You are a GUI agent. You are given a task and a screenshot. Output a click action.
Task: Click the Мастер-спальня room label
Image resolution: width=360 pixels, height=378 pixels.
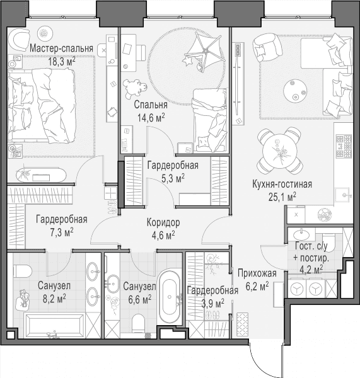(61, 49)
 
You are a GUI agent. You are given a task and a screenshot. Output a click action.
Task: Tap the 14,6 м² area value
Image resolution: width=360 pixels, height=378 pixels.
(151, 118)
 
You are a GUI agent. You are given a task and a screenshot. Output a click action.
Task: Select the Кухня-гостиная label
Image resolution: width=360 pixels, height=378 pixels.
(282, 185)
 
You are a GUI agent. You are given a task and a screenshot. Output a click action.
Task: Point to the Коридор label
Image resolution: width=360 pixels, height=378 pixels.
(163, 223)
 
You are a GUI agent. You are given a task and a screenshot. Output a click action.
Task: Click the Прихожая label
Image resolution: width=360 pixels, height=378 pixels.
(257, 273)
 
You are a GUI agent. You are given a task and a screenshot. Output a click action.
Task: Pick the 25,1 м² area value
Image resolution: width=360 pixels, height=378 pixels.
(282, 197)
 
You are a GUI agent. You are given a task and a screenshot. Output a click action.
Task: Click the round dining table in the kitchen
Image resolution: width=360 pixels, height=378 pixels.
(280, 150)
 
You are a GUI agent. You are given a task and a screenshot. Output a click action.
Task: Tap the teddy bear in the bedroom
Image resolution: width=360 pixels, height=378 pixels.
(135, 88)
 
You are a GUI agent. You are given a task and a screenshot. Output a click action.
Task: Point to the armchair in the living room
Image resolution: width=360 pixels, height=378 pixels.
(267, 47)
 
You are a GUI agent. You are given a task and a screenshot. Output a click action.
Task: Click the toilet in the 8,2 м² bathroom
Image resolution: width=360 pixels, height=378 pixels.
(22, 271)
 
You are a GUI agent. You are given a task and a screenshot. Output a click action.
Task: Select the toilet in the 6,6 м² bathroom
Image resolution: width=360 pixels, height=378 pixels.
(139, 323)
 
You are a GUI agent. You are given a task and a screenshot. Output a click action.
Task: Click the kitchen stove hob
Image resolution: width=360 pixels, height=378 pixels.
(344, 146)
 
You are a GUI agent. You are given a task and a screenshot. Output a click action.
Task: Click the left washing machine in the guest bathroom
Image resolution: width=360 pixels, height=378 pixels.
(297, 289)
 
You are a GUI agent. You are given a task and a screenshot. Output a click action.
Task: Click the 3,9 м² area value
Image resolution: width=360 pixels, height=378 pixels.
(213, 304)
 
